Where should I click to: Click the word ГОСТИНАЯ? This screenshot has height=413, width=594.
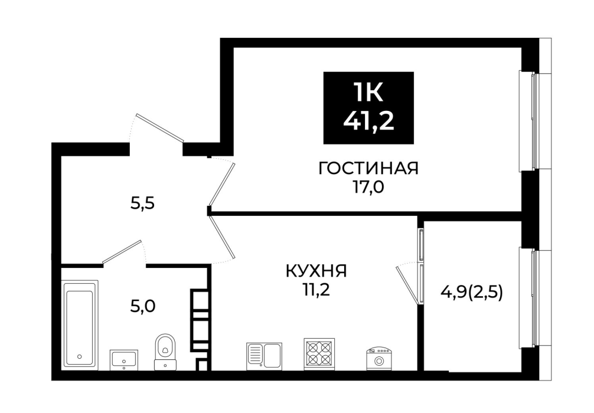368,169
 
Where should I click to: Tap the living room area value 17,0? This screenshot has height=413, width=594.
369,186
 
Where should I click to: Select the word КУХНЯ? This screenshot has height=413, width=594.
316,271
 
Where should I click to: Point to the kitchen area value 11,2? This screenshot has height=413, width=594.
316,290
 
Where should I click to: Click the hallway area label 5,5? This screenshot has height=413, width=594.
143,204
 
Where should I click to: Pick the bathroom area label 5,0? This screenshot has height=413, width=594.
143,306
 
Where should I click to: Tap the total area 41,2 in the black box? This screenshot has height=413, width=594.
368,122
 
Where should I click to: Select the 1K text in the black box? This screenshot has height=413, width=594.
368,92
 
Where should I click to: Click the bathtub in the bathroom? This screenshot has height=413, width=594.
80,325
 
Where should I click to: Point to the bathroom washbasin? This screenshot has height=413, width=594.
124,360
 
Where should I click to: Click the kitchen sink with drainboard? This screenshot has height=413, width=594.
264,356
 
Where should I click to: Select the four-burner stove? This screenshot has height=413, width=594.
319,353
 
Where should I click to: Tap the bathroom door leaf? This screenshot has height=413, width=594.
122,251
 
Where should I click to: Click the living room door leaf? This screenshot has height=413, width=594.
223,184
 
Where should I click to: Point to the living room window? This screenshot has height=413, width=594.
534,121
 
